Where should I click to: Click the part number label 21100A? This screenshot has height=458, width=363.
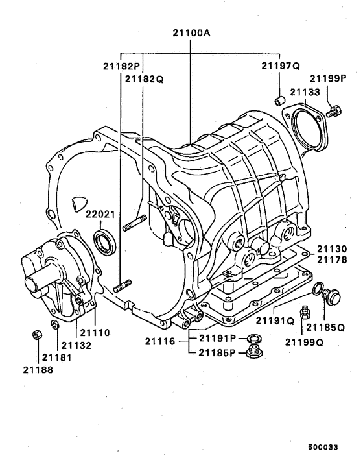(191, 32)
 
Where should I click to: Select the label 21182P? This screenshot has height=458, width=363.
(122, 66)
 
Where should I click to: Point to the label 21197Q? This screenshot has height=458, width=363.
(281, 66)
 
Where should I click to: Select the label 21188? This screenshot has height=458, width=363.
(38, 370)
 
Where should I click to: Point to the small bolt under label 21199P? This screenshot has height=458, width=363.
(334, 112)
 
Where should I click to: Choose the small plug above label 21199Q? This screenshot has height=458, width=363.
(302, 314)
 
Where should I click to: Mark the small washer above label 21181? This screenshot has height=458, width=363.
(54, 324)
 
